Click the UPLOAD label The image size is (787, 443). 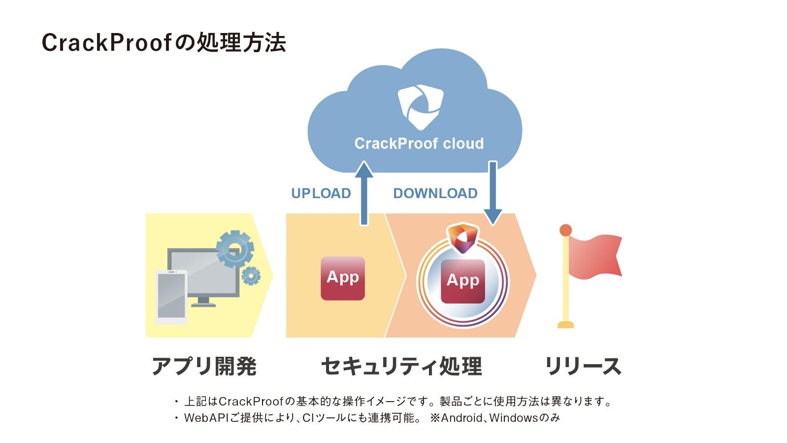tap(321, 193)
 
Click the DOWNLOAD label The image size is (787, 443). tap(435, 193)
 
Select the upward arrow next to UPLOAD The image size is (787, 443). tap(364, 193)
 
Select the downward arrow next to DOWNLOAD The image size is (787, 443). tap(493, 193)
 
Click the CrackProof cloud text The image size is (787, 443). tap(419, 143)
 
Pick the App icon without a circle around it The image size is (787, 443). tap(343, 278)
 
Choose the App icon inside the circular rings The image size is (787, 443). tap(463, 281)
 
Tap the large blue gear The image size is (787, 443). tap(235, 249)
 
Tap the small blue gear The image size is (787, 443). tap(251, 275)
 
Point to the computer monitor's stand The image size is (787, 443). tap(203, 302)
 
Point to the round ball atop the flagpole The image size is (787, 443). tap(565, 230)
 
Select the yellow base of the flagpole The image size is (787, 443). tap(566, 325)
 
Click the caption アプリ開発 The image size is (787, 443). tap(204, 366)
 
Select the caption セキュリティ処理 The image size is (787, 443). tap(401, 366)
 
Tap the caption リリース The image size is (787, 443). tap(583, 366)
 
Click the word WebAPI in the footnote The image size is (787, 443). tap(206, 418)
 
